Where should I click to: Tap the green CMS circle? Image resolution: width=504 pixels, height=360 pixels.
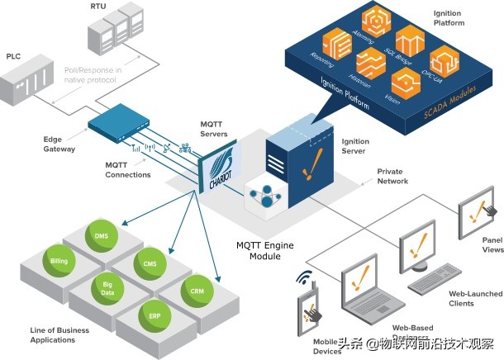150,264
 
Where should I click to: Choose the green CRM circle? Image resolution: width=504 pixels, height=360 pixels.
197,292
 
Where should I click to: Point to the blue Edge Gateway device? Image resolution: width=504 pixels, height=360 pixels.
123,121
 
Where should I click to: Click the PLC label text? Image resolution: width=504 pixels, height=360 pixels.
13,57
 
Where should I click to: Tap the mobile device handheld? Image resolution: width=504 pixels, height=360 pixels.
311,306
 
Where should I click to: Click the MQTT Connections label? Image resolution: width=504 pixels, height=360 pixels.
128,169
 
